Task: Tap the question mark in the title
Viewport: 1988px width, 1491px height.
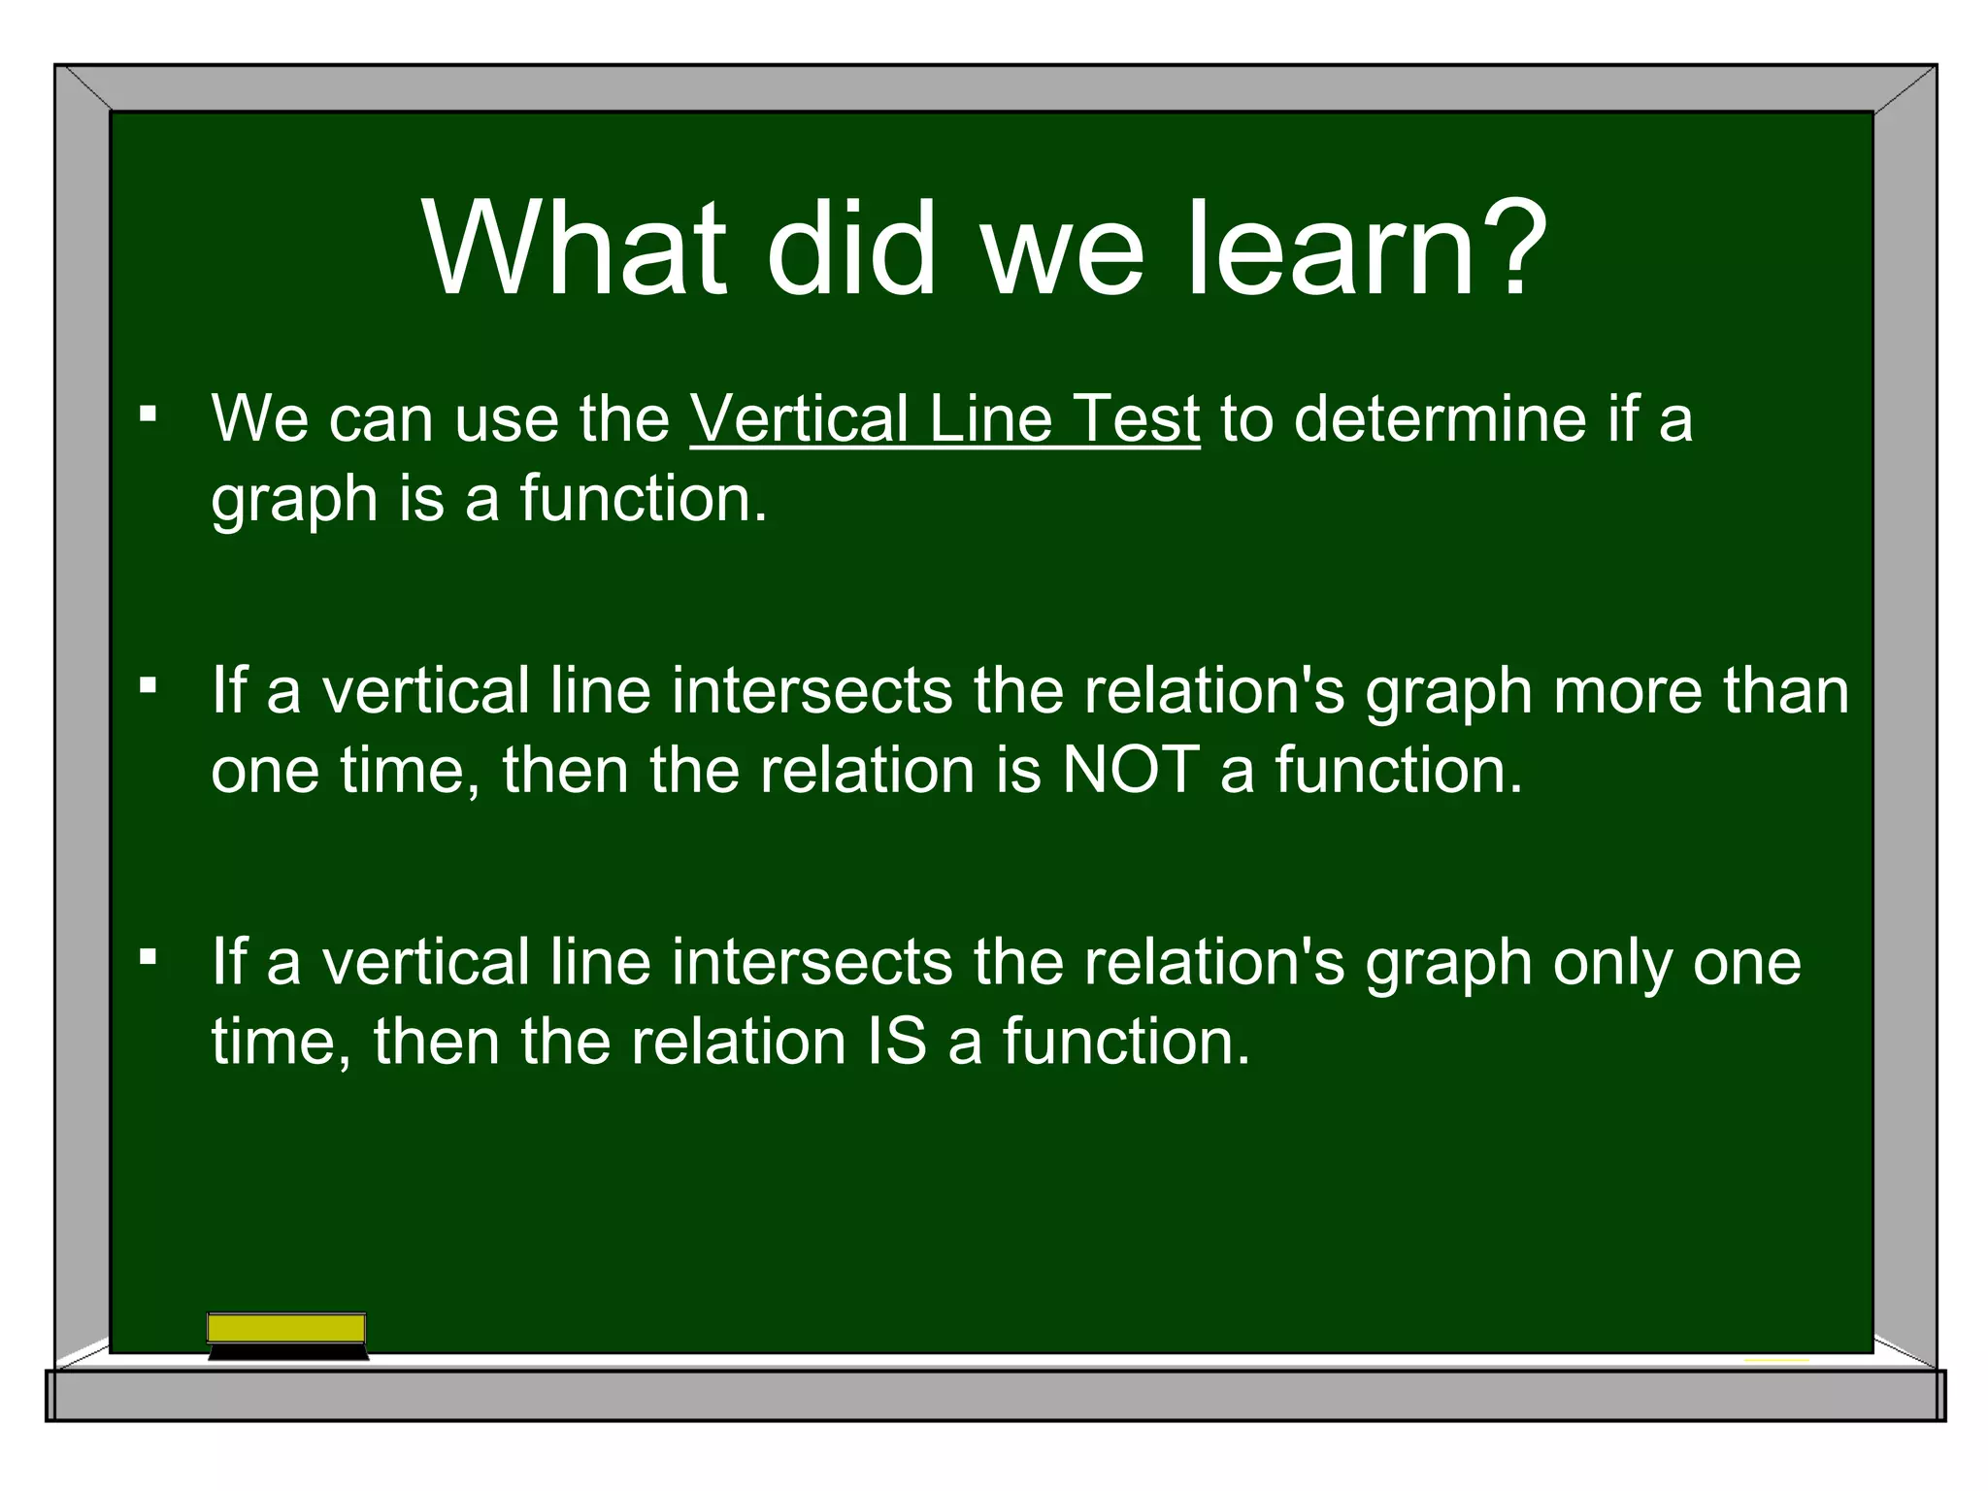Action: [1509, 247]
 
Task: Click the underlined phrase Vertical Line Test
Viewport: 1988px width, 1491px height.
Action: [944, 419]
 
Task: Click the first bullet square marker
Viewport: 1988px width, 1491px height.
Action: [148, 415]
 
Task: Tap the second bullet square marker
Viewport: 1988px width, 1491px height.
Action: [148, 687]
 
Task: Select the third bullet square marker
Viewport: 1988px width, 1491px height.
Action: [148, 959]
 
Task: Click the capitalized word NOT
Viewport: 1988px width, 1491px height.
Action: [1130, 771]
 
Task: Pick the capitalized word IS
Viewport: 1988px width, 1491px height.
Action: [896, 1043]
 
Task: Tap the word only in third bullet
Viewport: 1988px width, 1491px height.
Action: [1612, 965]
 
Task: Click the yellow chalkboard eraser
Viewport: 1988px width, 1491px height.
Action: [286, 1328]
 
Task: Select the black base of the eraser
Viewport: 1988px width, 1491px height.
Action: [288, 1351]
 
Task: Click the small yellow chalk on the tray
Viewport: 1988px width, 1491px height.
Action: [1776, 1360]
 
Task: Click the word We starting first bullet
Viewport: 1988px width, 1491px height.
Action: [259, 419]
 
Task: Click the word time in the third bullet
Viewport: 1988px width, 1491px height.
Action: [281, 1043]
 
